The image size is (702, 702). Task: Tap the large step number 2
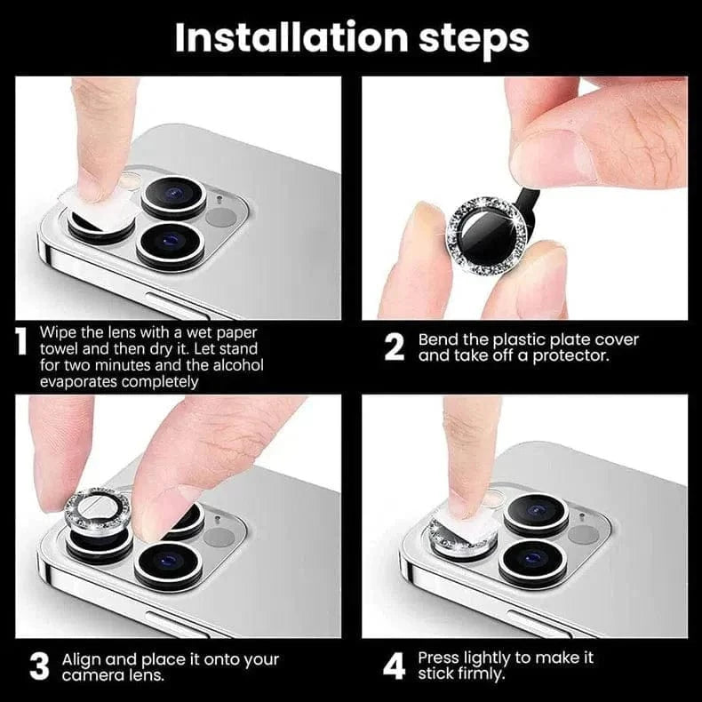(x=395, y=347)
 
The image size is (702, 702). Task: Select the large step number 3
(x=38, y=666)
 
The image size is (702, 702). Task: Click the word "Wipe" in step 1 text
(x=59, y=331)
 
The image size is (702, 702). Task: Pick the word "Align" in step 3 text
(x=81, y=659)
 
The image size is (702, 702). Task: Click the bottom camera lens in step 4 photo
(x=532, y=561)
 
